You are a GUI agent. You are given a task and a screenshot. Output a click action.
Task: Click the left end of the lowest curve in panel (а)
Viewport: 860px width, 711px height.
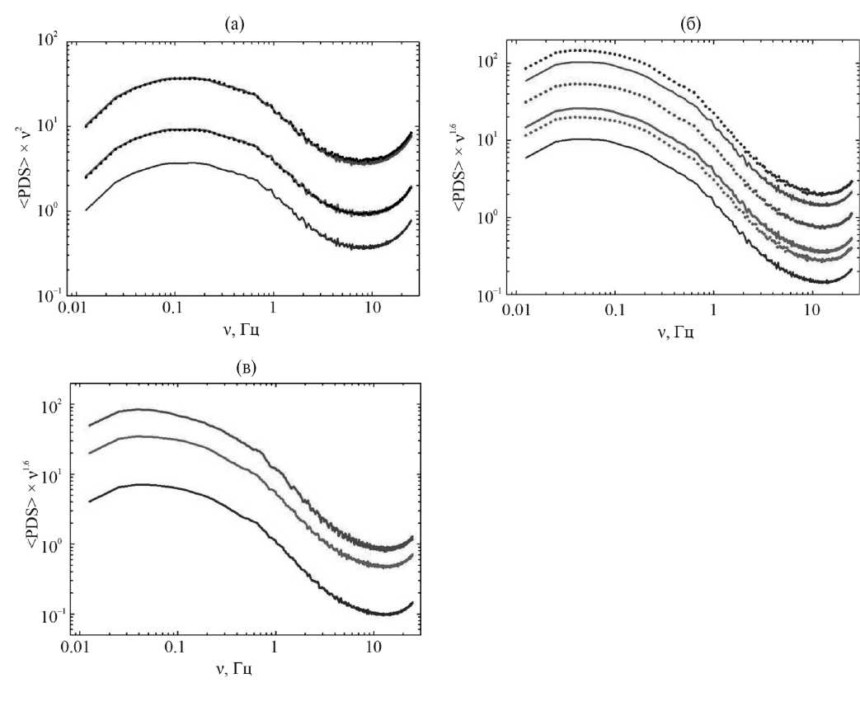point(86,210)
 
